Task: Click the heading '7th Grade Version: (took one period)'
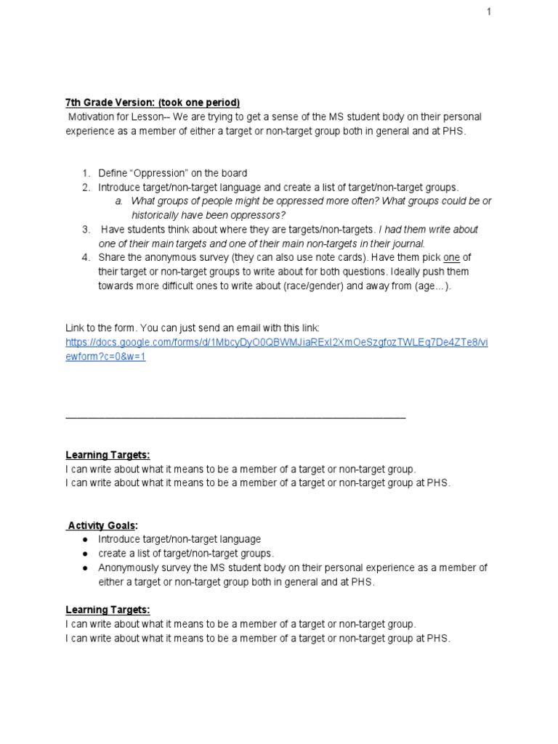153,102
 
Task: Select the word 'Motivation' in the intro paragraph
92,116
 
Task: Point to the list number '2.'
85,187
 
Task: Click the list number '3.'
85,229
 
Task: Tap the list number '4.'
85,257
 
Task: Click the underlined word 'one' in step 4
452,257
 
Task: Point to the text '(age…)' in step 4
434,286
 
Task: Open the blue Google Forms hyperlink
276,342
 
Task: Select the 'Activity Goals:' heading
102,525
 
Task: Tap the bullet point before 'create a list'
85,554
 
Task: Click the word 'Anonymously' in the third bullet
127,567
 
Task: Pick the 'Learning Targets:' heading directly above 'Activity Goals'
108,455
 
